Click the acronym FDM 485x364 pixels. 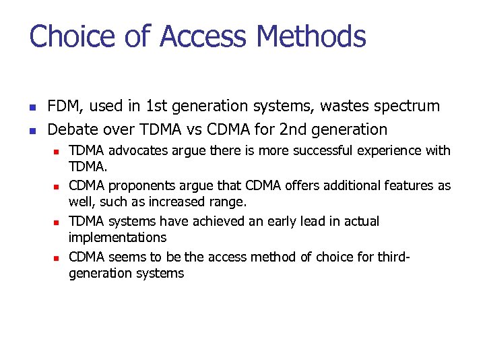(65, 107)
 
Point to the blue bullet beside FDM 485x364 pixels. (32, 107)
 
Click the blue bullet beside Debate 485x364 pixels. (32, 130)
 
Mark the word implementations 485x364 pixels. (117, 237)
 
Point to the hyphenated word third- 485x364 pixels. (393, 257)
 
